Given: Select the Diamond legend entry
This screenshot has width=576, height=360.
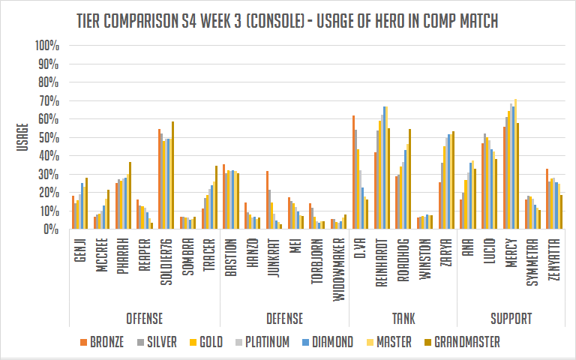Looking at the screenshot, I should pos(326,342).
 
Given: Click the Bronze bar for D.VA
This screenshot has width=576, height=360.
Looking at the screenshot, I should pos(353,172).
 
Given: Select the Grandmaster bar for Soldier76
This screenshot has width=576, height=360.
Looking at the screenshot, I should pos(172,175).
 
